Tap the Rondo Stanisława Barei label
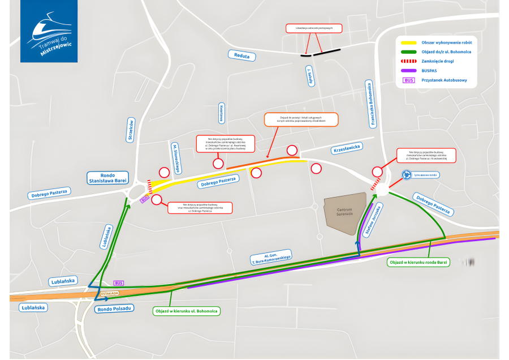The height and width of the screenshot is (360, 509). click(108, 178)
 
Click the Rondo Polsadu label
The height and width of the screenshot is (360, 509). click(114, 308)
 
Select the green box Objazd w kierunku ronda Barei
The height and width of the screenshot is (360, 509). click(419, 263)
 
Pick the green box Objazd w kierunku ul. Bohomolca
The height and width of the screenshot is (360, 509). click(187, 311)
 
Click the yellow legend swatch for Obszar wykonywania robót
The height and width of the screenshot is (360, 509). click(408, 42)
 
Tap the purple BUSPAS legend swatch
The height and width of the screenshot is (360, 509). click(408, 70)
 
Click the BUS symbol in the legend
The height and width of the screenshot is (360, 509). click(408, 80)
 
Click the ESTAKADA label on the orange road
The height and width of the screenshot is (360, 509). click(110, 293)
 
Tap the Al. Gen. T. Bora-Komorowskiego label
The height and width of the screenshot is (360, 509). click(270, 256)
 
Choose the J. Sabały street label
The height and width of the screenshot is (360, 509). click(310, 76)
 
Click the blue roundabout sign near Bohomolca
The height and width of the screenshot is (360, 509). click(406, 175)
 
